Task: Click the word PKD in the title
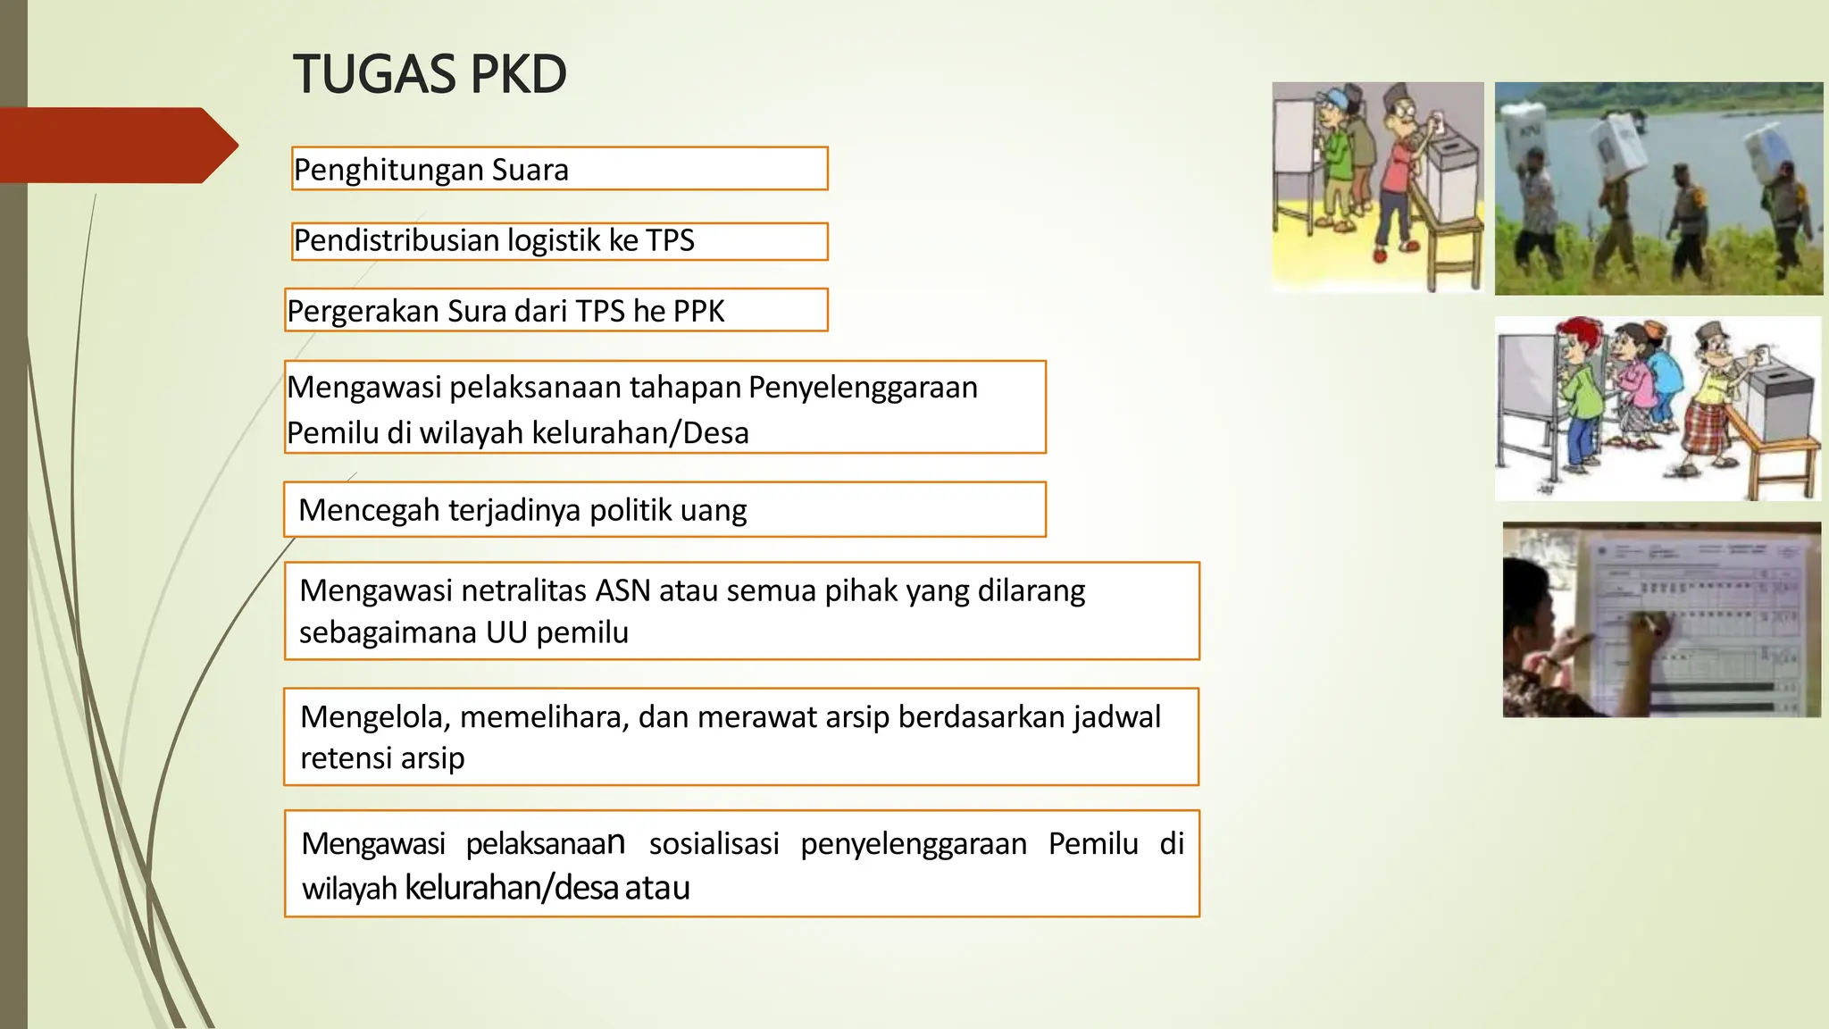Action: click(518, 74)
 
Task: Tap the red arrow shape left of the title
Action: click(116, 145)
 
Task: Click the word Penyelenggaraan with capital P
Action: click(863, 388)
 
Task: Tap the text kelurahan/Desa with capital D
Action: click(640, 433)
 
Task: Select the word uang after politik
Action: click(713, 511)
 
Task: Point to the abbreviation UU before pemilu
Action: click(506, 632)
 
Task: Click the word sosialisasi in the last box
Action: click(714, 844)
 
